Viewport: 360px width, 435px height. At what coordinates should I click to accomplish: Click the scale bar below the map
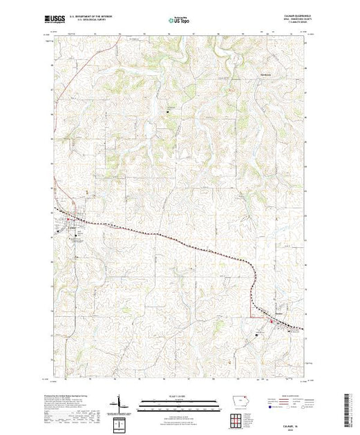179,403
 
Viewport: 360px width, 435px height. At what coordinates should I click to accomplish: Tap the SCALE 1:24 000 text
179,396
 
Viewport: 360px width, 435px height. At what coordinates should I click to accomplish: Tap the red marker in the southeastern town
272,320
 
